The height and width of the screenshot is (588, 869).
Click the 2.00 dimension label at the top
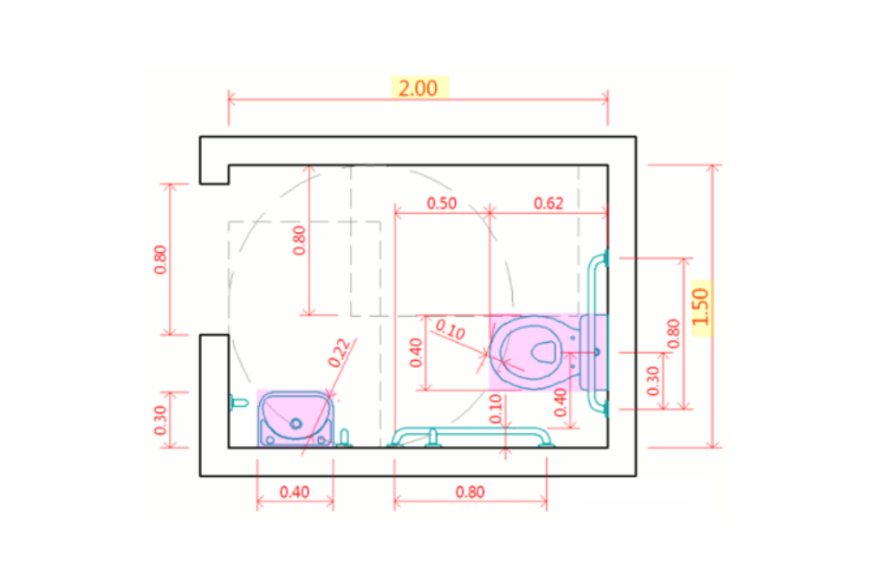[x=418, y=88]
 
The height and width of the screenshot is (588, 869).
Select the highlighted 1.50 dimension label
[x=700, y=307]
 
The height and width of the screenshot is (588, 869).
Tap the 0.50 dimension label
[x=442, y=204]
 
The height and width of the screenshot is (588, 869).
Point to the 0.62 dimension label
[x=548, y=204]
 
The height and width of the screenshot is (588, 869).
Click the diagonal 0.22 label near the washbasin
[x=339, y=353]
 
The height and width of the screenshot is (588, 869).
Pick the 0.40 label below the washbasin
[x=295, y=492]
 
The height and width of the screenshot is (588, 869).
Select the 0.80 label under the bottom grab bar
[x=470, y=492]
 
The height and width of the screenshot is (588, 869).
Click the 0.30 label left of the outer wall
[x=160, y=420]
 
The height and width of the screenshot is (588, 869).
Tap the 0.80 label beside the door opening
[x=160, y=260]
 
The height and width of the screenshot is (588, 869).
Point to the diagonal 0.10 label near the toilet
[x=450, y=329]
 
